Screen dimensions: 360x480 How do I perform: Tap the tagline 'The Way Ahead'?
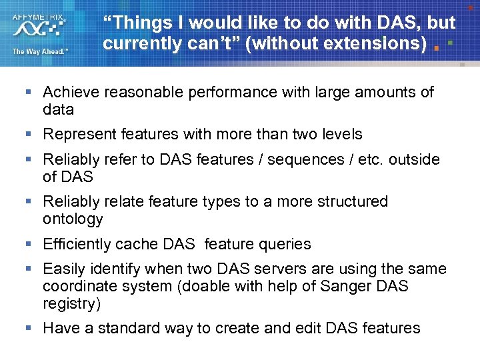[39, 51]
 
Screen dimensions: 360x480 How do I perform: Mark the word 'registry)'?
[71, 303]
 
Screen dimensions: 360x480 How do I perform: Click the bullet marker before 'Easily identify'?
[27, 269]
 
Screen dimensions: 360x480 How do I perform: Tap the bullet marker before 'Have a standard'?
[27, 328]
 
